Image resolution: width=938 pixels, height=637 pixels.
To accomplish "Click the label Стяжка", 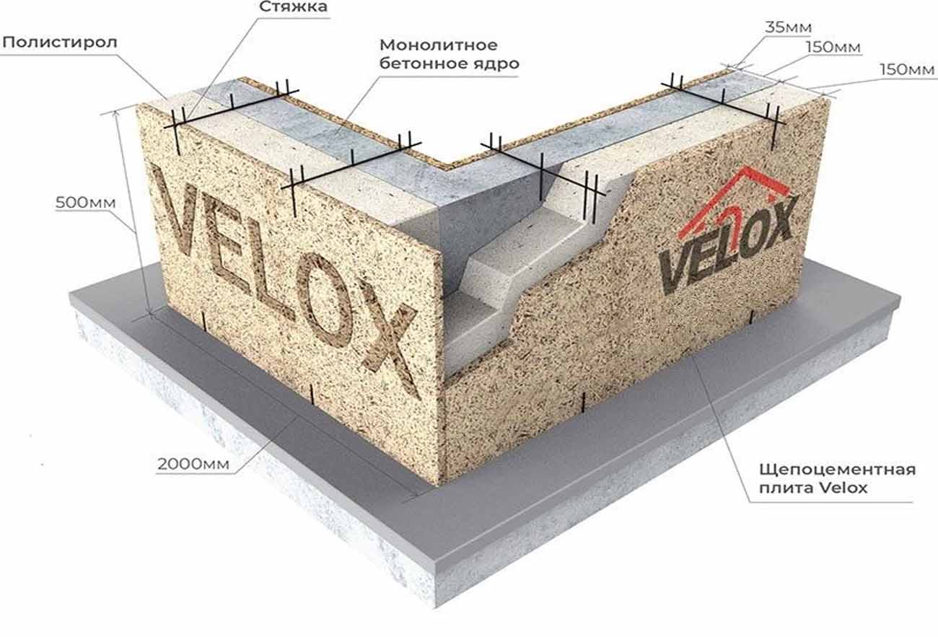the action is tap(293, 7).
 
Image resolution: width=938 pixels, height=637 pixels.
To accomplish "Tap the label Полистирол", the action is tap(60, 43).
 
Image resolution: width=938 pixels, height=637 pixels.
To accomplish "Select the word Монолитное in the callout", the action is tap(439, 45).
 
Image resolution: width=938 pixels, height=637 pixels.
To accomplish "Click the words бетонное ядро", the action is tap(449, 64).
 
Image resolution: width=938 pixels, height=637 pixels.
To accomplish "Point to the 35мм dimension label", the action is tap(789, 27).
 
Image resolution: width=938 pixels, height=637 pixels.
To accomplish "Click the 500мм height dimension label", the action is tap(85, 203).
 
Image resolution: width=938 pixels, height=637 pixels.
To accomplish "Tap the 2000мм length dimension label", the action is tap(193, 464).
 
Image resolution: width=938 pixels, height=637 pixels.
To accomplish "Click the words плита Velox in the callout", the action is tap(813, 488).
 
